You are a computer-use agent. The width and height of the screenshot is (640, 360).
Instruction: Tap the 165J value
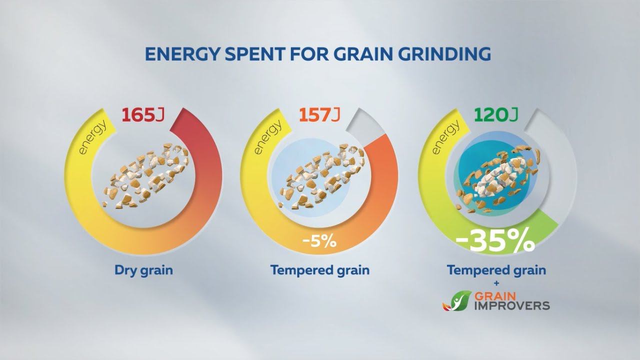(143, 115)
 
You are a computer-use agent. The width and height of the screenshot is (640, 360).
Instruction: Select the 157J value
(319, 115)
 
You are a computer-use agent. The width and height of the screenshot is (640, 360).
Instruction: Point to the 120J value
(496, 115)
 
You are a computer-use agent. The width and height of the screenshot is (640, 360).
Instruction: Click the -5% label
(319, 242)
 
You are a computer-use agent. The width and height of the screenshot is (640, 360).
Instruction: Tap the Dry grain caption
(143, 270)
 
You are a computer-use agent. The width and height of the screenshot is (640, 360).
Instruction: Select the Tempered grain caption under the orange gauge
(320, 270)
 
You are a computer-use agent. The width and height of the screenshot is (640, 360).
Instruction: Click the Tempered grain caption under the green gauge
(496, 270)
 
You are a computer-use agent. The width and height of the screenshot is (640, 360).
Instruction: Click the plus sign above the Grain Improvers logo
(496, 283)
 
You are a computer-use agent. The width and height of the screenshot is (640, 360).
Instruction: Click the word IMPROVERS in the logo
(509, 305)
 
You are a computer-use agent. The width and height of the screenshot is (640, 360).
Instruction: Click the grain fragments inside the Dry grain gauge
(143, 174)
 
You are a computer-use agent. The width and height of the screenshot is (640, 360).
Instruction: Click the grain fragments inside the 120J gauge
(496, 177)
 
